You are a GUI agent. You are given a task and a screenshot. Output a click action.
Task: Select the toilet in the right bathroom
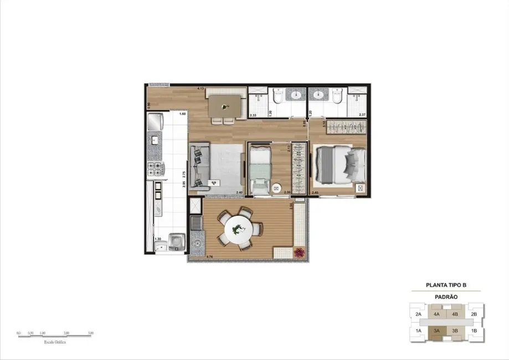coord(337,97)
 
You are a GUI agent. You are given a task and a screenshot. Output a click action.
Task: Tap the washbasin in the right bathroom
coord(318,95)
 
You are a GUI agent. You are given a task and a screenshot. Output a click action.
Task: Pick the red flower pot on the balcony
coord(300,252)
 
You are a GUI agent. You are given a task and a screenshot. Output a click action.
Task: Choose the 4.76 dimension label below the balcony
coord(194,257)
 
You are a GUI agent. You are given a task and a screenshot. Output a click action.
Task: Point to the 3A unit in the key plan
coord(436,331)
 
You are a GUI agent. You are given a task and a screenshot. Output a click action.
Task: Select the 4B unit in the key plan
coord(455,314)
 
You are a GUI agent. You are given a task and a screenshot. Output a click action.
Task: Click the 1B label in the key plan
coord(474,331)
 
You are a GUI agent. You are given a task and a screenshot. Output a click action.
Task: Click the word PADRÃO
coord(445,296)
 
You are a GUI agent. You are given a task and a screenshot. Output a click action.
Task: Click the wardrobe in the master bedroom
coord(346,126)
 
